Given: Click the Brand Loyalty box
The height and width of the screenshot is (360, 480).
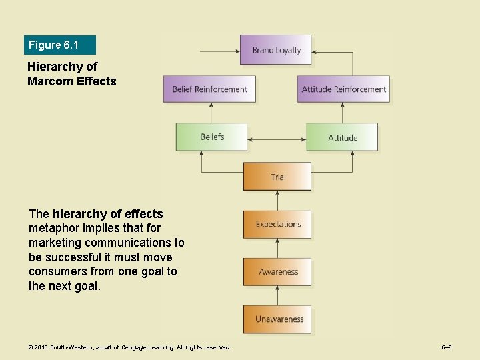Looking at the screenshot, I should (x=276, y=50).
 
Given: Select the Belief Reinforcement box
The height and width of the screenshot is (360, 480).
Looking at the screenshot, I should (x=209, y=89).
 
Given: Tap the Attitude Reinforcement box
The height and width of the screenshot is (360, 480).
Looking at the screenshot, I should (x=343, y=89).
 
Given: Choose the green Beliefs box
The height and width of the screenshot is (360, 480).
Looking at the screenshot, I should (x=211, y=137).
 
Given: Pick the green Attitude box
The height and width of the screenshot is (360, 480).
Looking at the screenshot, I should (x=342, y=137).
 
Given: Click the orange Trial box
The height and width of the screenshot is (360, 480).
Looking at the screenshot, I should (x=277, y=177).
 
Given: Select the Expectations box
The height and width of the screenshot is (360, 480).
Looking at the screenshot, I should (x=277, y=225).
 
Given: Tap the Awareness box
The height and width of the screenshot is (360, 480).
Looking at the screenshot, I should (x=277, y=272).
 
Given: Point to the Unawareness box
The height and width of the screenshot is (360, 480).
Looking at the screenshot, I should (x=277, y=319).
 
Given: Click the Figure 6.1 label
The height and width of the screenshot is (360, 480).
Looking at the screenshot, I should (x=54, y=45).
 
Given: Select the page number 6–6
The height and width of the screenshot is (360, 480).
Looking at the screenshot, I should (x=447, y=347).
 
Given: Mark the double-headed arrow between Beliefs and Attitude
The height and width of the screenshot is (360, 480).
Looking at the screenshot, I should (x=277, y=139).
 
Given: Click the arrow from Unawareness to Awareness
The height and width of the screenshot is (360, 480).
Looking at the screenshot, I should (x=277, y=296).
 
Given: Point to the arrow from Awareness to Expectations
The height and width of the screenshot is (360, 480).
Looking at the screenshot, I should (x=277, y=249).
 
